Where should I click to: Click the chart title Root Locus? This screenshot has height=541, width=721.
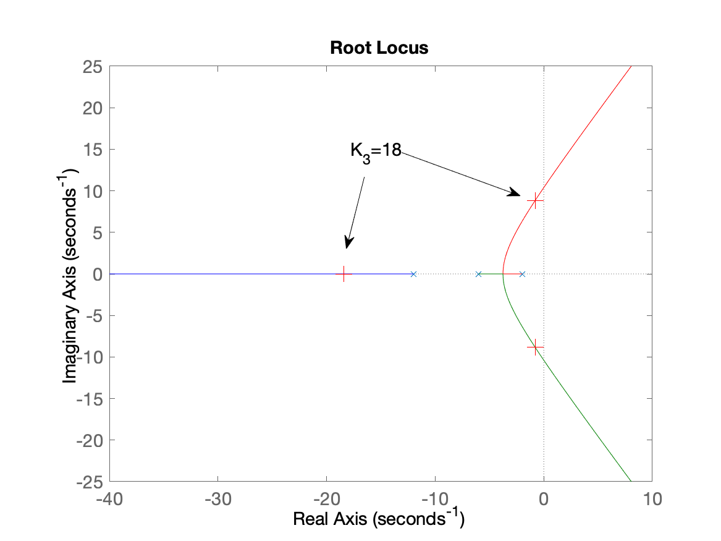(x=379, y=48)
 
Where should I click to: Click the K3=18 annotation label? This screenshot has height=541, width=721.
(x=376, y=151)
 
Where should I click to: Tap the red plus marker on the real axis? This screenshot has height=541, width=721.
(x=344, y=274)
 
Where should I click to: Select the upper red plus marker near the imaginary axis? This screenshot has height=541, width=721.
(x=535, y=200)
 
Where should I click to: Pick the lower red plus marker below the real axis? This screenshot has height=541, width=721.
(x=535, y=347)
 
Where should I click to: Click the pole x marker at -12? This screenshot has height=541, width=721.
(x=413, y=274)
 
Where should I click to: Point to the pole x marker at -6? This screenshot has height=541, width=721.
(x=478, y=274)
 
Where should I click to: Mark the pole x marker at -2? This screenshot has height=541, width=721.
(x=522, y=274)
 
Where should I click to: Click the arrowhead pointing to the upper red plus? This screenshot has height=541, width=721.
(x=515, y=193)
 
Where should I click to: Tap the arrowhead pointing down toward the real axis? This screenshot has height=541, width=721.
(x=348, y=243)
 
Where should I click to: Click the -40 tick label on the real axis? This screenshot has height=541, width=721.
(x=109, y=499)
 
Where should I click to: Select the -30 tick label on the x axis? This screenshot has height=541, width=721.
(x=218, y=499)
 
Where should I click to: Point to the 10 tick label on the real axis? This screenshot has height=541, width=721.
(x=652, y=499)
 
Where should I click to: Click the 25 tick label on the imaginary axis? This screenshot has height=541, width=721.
(x=93, y=67)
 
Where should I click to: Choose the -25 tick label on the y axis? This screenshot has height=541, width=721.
(x=89, y=482)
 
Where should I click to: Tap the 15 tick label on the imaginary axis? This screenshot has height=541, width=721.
(x=93, y=150)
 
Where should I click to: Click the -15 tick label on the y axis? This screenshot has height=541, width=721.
(x=89, y=399)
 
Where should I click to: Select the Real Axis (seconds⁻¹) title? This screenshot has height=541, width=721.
(x=379, y=518)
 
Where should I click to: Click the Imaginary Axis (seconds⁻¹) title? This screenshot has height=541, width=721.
(x=70, y=276)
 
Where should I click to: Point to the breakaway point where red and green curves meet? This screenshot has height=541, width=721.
(x=502, y=274)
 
